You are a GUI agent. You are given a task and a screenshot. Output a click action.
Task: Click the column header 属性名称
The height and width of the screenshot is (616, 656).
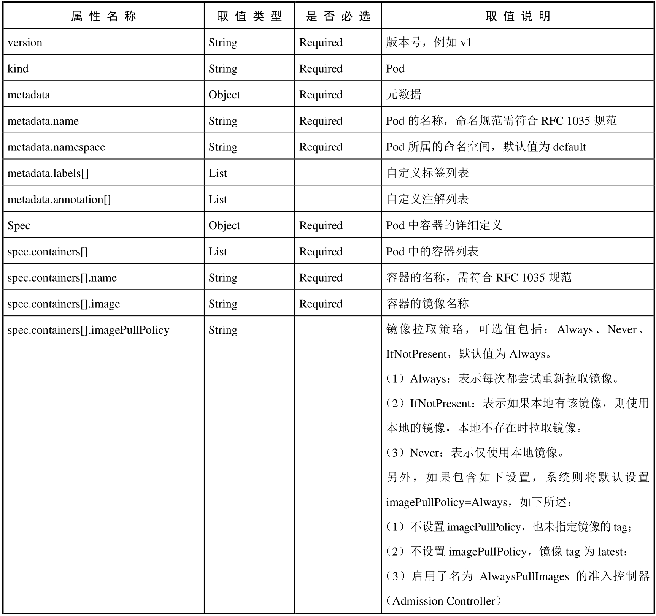point(103,16)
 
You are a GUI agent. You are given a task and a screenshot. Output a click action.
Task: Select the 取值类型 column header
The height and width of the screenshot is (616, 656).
point(249,16)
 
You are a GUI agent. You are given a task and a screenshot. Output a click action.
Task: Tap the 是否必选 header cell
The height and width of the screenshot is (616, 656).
point(338,16)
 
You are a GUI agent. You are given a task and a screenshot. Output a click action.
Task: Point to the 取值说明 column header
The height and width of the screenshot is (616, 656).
point(518,16)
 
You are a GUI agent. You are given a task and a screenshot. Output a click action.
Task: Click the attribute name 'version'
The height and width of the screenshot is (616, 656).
point(25,43)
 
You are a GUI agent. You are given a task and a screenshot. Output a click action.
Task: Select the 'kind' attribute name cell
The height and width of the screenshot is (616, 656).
point(18,69)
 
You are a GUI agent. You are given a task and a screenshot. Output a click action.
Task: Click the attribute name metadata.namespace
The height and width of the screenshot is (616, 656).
point(56,147)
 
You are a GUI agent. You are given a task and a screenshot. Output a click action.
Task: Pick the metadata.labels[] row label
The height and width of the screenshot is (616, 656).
point(48,173)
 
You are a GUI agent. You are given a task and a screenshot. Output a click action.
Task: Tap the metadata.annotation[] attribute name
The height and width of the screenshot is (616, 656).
point(59,200)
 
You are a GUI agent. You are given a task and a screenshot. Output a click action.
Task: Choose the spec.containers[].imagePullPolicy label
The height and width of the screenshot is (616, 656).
point(88,330)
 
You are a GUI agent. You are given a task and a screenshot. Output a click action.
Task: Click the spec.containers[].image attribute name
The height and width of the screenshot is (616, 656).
point(64,304)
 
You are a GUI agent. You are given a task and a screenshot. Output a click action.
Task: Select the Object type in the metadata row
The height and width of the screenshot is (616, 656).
point(224,95)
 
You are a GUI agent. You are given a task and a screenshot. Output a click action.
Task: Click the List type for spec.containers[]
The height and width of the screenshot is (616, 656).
point(218,252)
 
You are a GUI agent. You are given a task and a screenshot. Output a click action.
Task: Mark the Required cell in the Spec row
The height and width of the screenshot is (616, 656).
point(321,225)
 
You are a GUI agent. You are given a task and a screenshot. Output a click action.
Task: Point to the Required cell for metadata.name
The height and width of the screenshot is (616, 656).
point(321,121)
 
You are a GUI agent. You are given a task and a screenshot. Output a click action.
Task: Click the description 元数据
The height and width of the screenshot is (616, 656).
point(403,95)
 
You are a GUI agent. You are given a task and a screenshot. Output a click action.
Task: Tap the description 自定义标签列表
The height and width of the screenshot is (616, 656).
point(427,173)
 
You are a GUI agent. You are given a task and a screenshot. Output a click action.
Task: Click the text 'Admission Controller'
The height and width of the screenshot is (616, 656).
point(444,601)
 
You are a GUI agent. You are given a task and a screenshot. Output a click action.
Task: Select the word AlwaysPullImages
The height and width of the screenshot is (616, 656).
point(524,576)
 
